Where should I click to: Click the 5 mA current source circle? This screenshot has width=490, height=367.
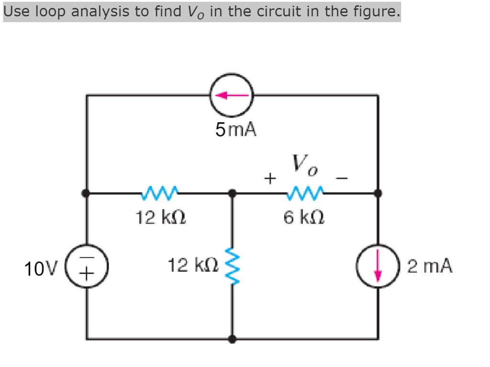tap(232, 95)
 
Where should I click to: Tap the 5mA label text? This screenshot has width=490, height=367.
tap(236, 129)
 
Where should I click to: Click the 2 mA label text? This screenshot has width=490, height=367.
tap(430, 266)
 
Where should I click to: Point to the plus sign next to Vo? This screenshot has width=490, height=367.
tap(270, 179)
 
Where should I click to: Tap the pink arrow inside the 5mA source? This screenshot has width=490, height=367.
tap(232, 95)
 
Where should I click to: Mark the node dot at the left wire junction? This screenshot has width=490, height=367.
tap(87, 193)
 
